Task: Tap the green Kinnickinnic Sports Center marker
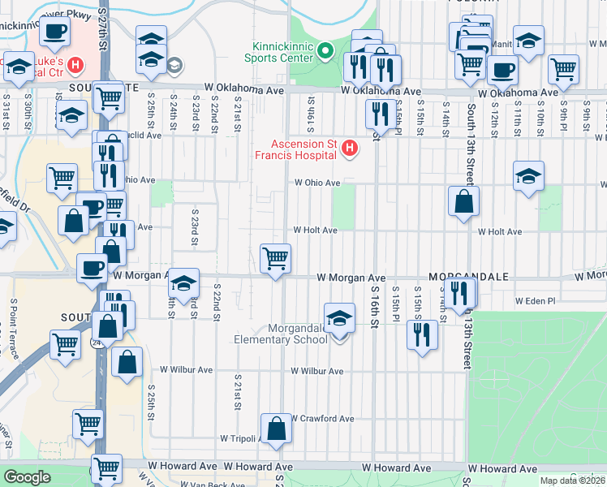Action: tap(325, 52)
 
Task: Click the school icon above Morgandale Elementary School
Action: tap(340, 318)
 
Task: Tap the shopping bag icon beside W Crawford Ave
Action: tap(276, 429)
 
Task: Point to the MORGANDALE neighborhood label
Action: tap(468, 277)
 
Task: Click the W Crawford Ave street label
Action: tap(323, 419)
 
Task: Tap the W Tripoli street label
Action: tap(239, 438)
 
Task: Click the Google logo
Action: tap(27, 477)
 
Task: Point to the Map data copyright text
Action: tap(572, 481)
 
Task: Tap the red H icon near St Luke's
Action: tap(75, 63)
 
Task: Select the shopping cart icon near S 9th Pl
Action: tap(563, 70)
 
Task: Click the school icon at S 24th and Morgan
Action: tap(184, 283)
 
